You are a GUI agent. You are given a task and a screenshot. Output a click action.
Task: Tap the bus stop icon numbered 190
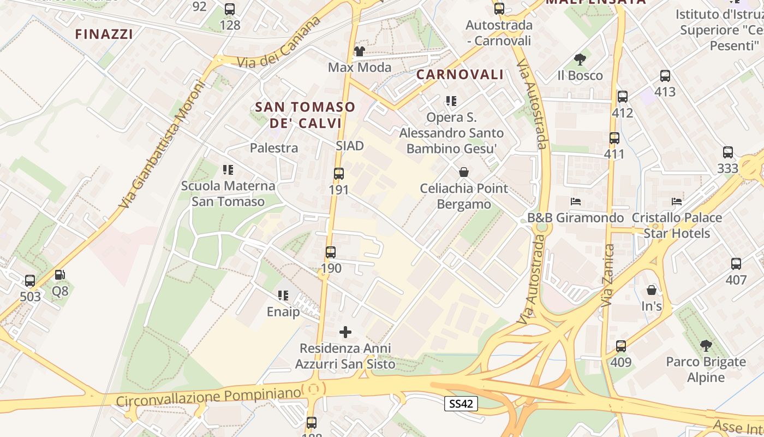(331, 252)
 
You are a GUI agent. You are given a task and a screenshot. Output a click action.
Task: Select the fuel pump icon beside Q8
(60, 275)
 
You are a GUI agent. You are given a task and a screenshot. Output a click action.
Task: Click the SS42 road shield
(461, 404)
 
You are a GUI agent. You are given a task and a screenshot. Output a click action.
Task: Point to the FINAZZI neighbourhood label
(104, 34)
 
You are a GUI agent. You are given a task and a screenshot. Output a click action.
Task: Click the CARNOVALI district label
(460, 75)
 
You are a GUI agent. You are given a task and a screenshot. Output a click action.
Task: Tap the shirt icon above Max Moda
(360, 51)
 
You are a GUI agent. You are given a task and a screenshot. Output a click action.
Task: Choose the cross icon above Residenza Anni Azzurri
(345, 332)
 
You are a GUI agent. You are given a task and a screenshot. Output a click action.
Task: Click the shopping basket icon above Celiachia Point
(464, 173)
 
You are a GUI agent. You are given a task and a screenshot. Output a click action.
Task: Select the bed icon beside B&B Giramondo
(576, 202)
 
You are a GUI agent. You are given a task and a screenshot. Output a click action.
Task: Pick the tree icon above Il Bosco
(580, 60)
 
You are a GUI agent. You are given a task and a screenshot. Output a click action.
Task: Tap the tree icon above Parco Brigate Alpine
(706, 346)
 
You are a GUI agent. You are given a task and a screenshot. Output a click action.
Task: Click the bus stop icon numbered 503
(30, 281)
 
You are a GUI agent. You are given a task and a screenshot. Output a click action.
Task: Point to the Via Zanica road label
(608, 275)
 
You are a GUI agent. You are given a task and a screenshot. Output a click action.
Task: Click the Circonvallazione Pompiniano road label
(208, 397)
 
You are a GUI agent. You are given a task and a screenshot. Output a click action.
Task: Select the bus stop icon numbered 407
(736, 264)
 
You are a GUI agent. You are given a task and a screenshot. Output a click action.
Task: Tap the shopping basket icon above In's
(652, 290)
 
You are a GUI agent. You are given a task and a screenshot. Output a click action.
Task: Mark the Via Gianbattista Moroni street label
(162, 145)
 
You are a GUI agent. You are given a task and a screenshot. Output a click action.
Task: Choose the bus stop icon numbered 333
(728, 152)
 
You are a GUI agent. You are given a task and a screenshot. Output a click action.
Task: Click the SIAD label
(350, 146)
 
